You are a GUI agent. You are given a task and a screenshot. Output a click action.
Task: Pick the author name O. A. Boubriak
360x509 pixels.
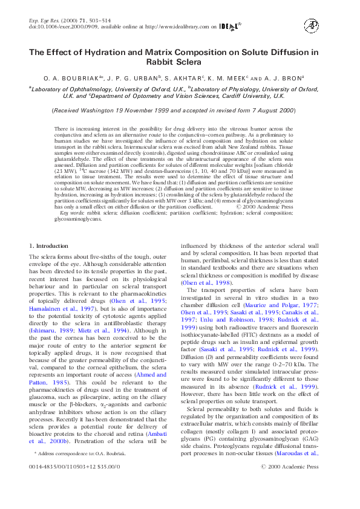[67, 78]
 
